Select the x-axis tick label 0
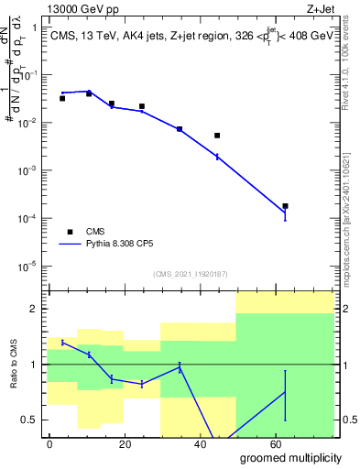click(x=49, y=443)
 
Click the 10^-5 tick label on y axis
click(x=29, y=267)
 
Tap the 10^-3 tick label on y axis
click(x=29, y=171)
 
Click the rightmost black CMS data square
click(x=286, y=206)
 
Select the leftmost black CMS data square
click(x=61, y=98)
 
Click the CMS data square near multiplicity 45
click(x=217, y=136)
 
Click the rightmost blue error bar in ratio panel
click(x=286, y=395)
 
